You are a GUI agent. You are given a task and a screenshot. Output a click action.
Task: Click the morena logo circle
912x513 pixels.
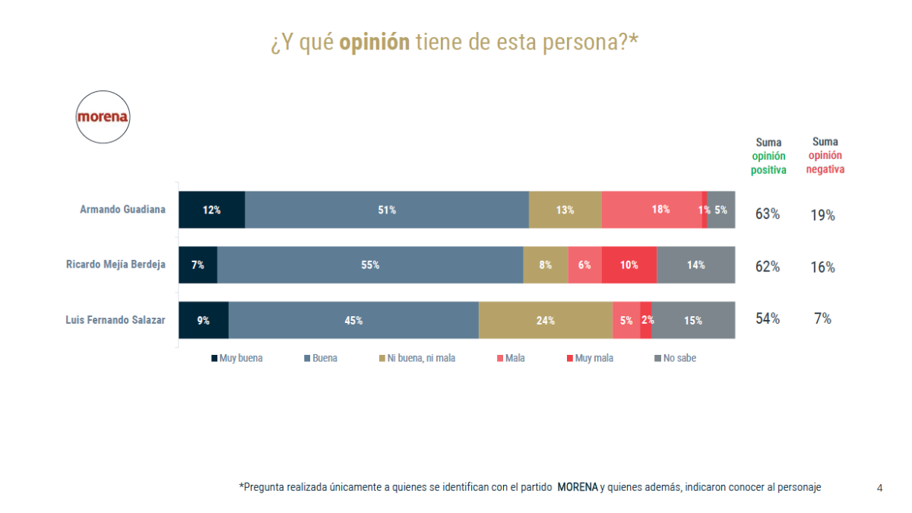[103, 118]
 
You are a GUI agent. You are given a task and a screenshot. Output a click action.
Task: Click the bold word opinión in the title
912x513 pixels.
[374, 43]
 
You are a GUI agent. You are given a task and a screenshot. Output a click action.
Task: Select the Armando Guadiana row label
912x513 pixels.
[122, 210]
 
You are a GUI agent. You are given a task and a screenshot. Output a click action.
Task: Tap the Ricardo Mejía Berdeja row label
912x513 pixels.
[116, 265]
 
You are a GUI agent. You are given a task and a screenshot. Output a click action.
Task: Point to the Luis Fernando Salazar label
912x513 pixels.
[116, 320]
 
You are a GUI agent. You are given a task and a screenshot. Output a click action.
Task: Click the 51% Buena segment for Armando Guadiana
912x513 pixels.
[387, 210]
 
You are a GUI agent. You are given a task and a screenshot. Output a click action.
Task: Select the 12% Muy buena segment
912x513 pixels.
[211, 210]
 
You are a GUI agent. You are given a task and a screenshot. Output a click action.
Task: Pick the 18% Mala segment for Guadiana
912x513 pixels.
[652, 210]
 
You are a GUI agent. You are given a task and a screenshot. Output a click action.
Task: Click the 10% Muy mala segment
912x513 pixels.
[629, 265]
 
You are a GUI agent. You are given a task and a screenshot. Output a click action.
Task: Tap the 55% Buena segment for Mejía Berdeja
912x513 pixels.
[370, 265]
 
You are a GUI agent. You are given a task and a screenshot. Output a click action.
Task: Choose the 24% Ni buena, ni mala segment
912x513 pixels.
[545, 320]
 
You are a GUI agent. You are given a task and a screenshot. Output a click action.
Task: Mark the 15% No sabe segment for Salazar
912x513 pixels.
[693, 320]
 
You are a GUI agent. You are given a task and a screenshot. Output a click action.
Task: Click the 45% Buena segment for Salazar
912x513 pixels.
[353, 320]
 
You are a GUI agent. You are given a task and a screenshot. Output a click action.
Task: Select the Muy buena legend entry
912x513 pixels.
[237, 358]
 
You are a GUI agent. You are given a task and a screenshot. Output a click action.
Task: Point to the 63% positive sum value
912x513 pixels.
[768, 214]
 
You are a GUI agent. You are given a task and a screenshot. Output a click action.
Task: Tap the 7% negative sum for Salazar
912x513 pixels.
[822, 318]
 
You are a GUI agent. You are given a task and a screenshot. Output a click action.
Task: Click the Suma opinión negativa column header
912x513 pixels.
[825, 155]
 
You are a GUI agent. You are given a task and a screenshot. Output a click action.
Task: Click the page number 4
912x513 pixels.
[879, 488]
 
